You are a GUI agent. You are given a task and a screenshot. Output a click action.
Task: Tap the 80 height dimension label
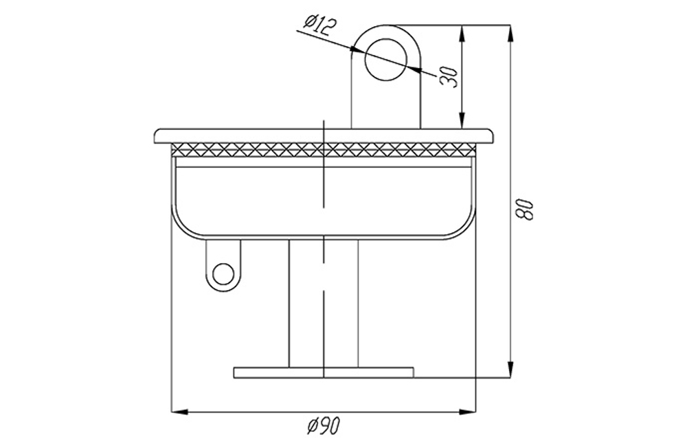524,209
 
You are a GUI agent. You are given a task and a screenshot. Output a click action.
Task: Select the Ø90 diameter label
323,425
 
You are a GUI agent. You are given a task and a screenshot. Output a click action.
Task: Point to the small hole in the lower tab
223,275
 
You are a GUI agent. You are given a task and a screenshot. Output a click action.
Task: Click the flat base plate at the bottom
324,372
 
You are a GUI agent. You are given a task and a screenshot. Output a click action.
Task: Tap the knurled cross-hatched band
324,149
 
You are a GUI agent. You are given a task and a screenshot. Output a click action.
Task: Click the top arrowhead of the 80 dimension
510,34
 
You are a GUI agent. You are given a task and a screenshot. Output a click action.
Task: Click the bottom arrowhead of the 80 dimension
510,369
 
